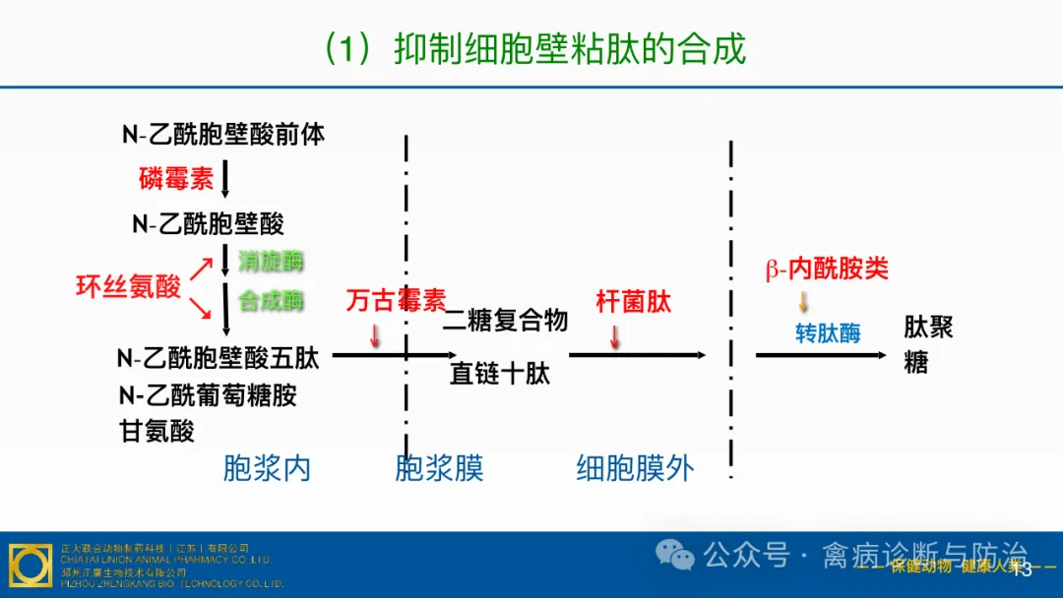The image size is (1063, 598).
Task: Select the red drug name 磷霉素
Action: [x=176, y=179]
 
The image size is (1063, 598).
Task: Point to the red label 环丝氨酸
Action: [x=129, y=286]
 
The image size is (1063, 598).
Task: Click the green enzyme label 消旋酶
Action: [x=271, y=262]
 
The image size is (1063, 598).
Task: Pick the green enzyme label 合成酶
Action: [x=271, y=301]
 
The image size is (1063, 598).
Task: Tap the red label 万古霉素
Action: [x=396, y=301]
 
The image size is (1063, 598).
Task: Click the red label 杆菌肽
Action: [x=633, y=302]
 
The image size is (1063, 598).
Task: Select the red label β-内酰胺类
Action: [x=827, y=269]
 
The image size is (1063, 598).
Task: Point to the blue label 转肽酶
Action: [x=828, y=333]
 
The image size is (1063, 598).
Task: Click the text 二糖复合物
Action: [x=506, y=321]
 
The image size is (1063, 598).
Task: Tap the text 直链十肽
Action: [x=500, y=374]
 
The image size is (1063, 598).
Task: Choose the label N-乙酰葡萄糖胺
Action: [x=208, y=395]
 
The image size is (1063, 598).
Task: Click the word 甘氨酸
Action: [x=157, y=431]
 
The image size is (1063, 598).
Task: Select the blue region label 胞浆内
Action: [x=267, y=468]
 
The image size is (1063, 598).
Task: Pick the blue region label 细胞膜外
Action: [x=635, y=469]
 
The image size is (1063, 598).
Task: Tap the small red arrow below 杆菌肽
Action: [x=615, y=337]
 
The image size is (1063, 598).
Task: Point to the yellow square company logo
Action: [x=31, y=565]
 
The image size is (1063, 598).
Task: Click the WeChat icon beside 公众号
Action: [x=676, y=557]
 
